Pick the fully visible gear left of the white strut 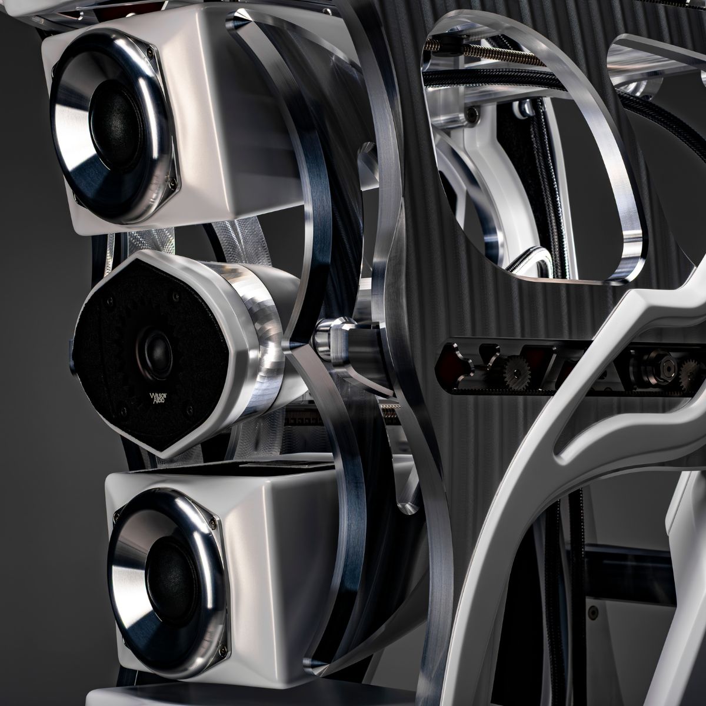click(515, 374)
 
